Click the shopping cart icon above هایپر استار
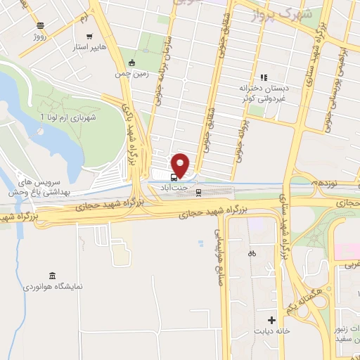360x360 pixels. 89,36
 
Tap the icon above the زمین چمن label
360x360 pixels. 123,61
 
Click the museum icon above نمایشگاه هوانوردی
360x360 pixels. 53,275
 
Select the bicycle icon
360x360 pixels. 252,253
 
